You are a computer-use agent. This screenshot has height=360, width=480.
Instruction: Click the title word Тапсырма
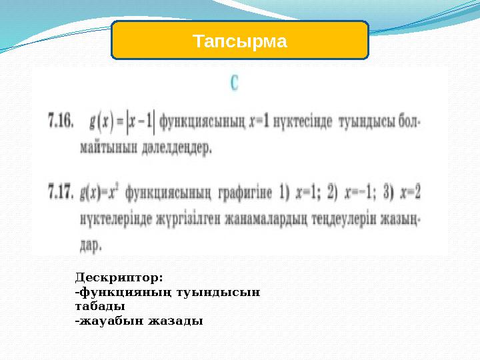pyautogui.click(x=240, y=42)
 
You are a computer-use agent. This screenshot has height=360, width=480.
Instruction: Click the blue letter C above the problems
pyautogui.click(x=235, y=83)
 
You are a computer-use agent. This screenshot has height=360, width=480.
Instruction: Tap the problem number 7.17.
pyautogui.click(x=60, y=193)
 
